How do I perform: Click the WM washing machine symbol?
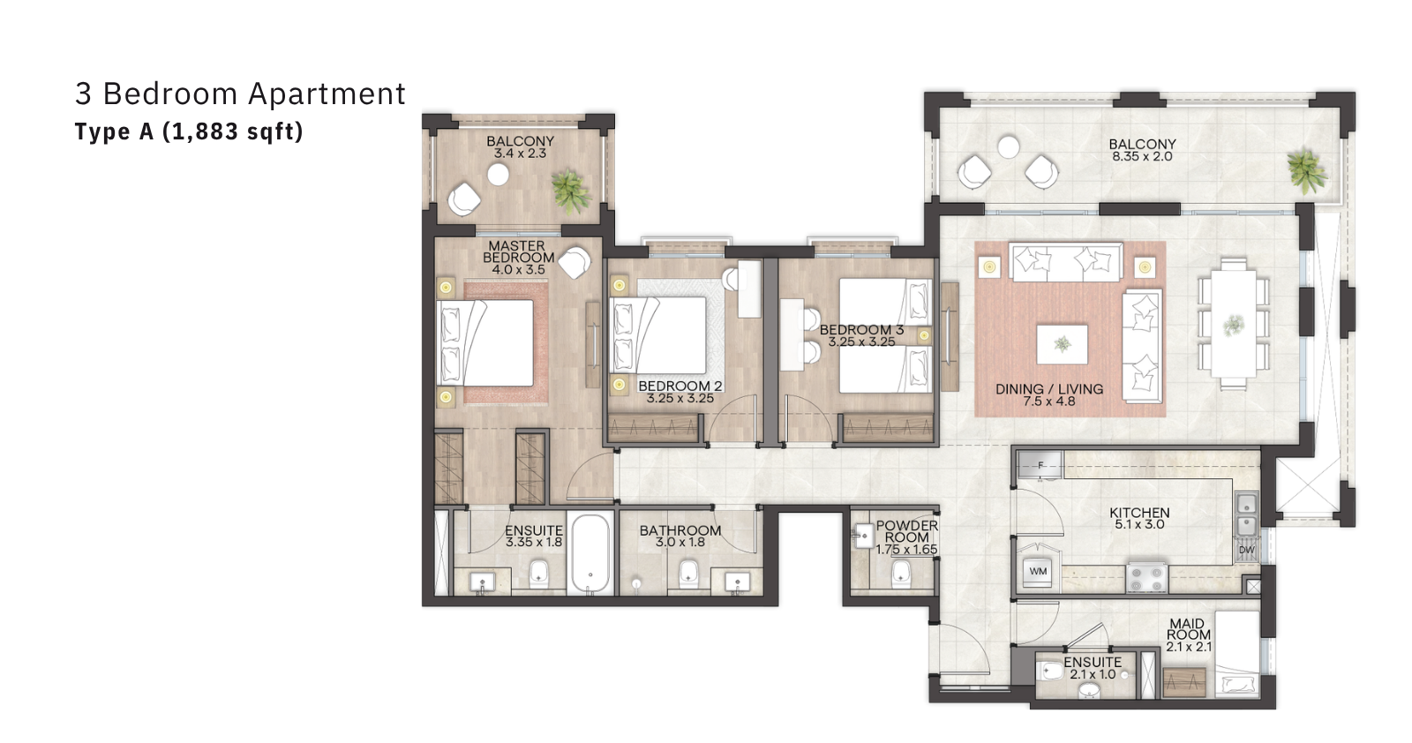click(1038, 572)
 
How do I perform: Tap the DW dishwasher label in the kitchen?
click(1247, 550)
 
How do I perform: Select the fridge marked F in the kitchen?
click(1040, 466)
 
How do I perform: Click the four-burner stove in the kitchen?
click(1146, 577)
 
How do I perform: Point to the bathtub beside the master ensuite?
click(590, 552)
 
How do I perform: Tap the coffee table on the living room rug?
click(1063, 344)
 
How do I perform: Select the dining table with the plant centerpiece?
click(1234, 323)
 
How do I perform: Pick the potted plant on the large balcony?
click(1307, 169)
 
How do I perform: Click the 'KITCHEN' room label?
click(1139, 513)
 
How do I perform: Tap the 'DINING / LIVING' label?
click(1049, 389)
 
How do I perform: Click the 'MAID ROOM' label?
click(1188, 629)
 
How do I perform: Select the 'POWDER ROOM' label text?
click(906, 531)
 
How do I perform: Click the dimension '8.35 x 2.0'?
click(1142, 156)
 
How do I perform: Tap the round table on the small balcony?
click(498, 175)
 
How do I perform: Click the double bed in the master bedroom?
click(484, 343)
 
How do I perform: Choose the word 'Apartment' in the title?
click(327, 94)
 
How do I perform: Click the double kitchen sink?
click(1246, 514)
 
